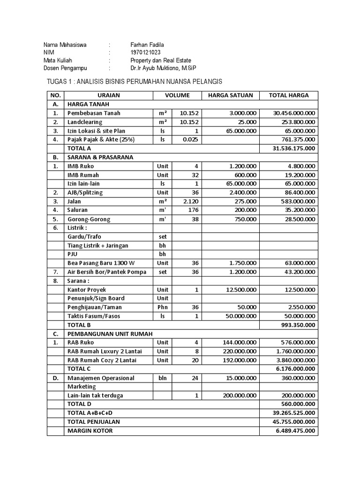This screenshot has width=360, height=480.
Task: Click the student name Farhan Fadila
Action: coord(147,45)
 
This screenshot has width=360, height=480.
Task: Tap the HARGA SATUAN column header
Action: coord(230,95)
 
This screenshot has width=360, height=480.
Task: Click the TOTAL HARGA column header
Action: coord(288,95)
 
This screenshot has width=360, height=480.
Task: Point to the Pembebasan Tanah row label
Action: coord(94,113)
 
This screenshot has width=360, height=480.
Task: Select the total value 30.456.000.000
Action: coord(294,113)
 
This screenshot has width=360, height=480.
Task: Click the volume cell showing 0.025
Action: coord(190,139)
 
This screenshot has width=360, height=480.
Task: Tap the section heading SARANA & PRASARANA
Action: coord(100,157)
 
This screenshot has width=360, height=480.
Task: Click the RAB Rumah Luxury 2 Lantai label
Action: coord(104,351)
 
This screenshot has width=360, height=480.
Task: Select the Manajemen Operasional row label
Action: coord(101,378)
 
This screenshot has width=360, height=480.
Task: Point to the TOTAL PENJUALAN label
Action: coord(93,421)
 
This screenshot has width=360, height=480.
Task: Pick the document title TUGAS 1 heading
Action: coord(135,81)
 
